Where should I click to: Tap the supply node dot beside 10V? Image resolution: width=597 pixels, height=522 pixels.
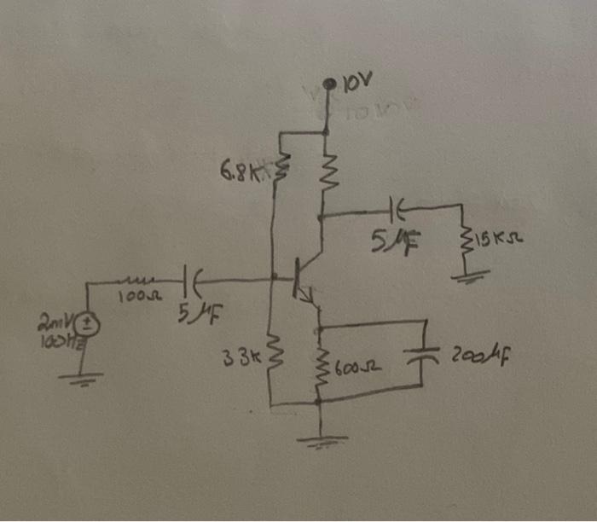(x=330, y=84)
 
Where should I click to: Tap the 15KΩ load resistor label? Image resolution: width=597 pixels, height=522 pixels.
(x=492, y=241)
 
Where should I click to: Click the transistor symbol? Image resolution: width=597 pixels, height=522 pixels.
(x=303, y=278)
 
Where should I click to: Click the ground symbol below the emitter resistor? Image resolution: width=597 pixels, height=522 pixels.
(x=322, y=441)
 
